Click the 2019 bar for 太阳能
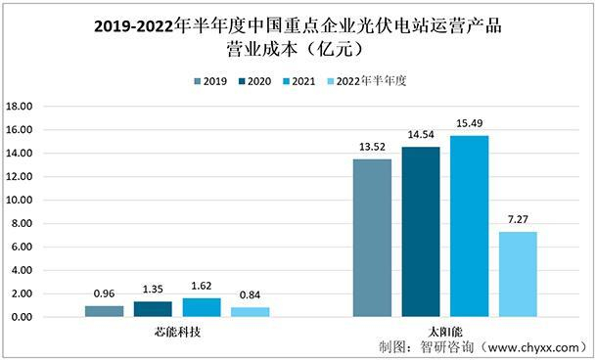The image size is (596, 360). [372, 238]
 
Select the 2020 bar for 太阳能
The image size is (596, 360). [421, 232]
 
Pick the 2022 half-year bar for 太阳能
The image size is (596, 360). [518, 274]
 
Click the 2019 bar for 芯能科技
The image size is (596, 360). [104, 311]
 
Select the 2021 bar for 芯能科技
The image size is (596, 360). [201, 307]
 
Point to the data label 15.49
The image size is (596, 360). [469, 124]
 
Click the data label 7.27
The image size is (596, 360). [518, 221]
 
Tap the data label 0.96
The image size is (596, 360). [104, 294]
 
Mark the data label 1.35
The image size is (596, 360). [153, 290]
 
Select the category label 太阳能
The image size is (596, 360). [444, 333]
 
